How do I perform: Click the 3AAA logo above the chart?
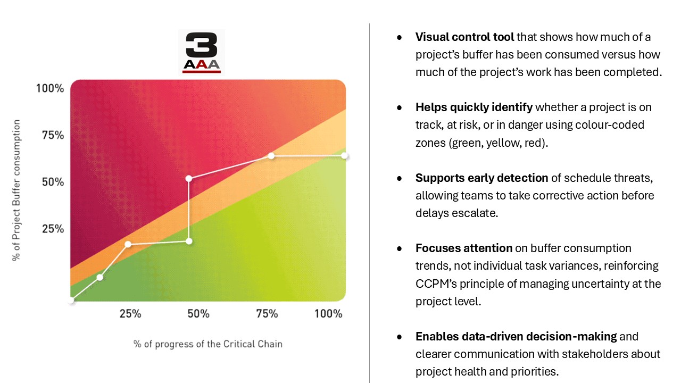tap(201, 52)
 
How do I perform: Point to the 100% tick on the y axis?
tap(50, 88)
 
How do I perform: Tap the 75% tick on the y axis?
tap(53, 135)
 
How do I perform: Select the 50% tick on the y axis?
tap(53, 182)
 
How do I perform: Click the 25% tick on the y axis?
tap(53, 229)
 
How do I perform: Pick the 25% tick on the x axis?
tap(130, 314)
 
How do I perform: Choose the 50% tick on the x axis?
tap(198, 314)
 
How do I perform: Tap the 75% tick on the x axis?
tap(267, 314)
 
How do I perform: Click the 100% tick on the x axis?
tap(328, 314)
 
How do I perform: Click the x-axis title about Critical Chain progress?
tap(208, 344)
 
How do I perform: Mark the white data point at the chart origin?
tap(71, 301)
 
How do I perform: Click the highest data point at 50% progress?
tap(188, 178)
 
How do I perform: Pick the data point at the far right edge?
tap(344, 156)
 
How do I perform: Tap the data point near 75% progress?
tap(271, 156)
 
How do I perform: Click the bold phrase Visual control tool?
tap(464, 37)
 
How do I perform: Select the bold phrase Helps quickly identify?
tap(474, 107)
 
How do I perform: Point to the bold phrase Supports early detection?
tap(481, 178)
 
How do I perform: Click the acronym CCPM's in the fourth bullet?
tap(436, 284)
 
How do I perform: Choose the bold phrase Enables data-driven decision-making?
tap(516, 336)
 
